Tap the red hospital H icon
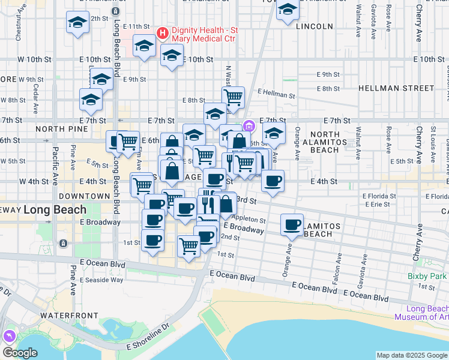coord(162,32)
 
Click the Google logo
coord(20,353)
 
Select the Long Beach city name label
coord(55,210)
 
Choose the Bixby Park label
coord(428,276)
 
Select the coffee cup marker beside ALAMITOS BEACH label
coord(292,225)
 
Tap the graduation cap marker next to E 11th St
coord(144,46)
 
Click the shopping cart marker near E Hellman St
coord(232,95)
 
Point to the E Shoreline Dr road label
coord(148,344)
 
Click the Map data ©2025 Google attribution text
coord(412,355)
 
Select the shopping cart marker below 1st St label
coord(188,245)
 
